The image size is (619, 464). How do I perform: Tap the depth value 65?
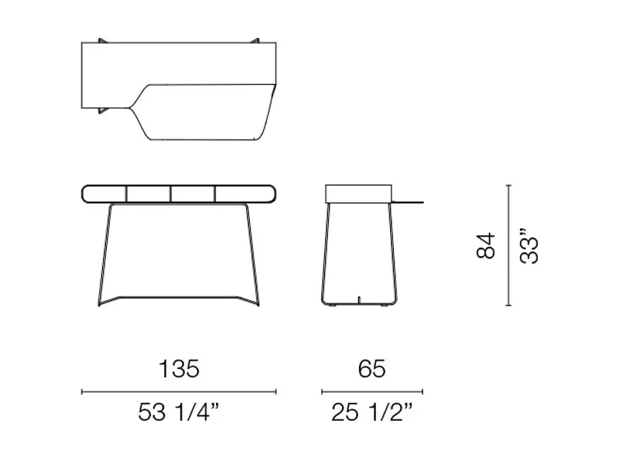coord(371,369)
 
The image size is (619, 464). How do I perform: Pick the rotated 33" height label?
coord(529,246)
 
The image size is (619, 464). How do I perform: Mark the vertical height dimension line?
coord(508,246)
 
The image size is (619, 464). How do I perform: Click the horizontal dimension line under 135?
coord(179,392)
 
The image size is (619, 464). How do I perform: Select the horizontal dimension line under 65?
coord(372,392)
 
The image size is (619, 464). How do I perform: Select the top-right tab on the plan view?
coord(255,39)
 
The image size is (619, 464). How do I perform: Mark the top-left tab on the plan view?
coord(104,39)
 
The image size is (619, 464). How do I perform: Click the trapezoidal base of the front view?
coord(178,255)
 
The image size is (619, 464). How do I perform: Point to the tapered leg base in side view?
coord(357,255)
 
